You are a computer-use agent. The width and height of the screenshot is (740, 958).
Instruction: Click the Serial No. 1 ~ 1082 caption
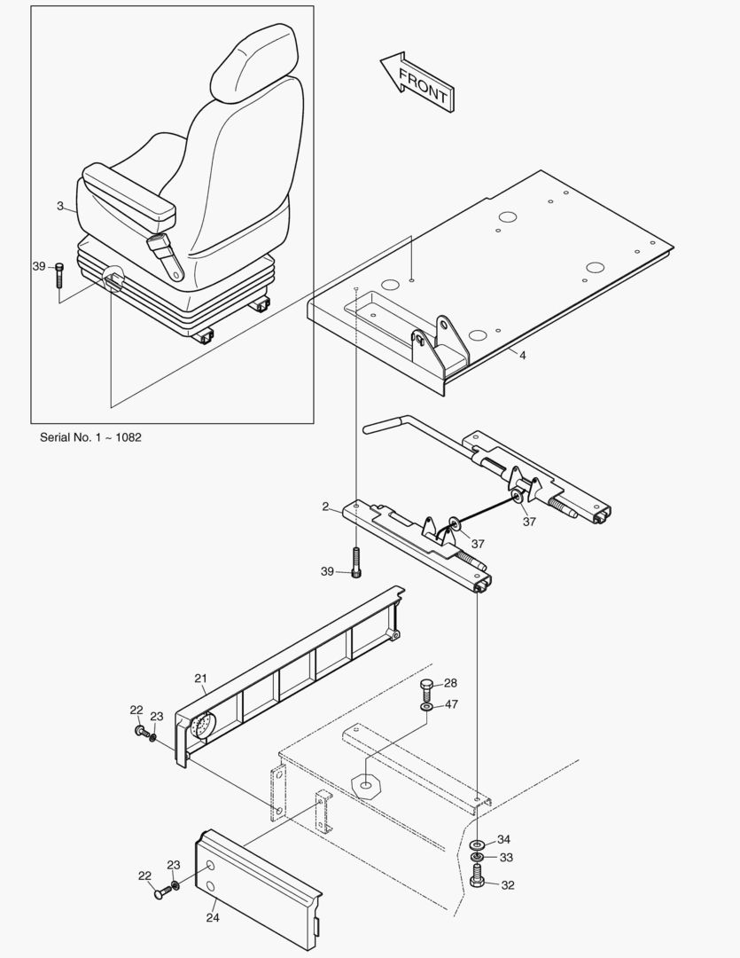tap(90, 437)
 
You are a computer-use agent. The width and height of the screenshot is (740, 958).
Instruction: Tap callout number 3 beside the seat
tap(60, 207)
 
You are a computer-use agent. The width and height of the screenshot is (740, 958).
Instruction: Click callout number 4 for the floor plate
tap(522, 355)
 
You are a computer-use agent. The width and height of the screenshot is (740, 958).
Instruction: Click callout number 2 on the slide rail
tap(326, 506)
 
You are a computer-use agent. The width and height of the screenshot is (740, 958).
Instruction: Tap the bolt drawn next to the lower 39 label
tap(356, 563)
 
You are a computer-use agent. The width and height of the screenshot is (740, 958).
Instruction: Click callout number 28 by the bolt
tap(450, 683)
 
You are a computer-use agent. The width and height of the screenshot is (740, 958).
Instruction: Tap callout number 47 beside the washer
tap(451, 704)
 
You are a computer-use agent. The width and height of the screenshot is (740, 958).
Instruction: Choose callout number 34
tap(503, 839)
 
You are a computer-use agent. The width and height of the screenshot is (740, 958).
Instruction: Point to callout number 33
tap(505, 858)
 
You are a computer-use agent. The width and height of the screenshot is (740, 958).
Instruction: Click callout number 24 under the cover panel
tap(213, 918)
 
